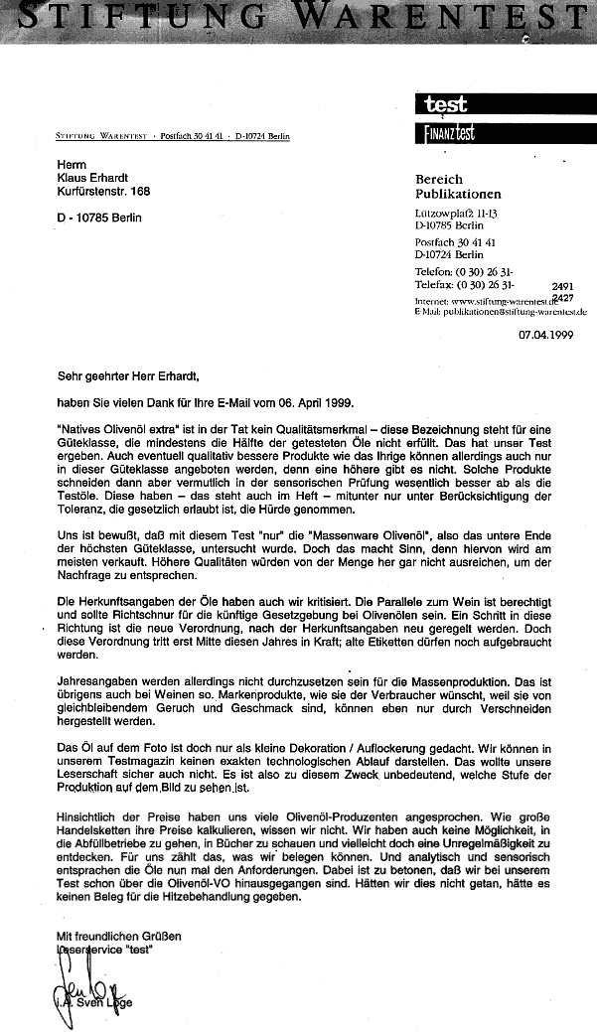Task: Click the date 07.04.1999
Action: pyautogui.click(x=545, y=335)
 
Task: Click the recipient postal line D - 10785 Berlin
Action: pyautogui.click(x=99, y=218)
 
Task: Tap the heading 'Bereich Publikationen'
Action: pyautogui.click(x=458, y=187)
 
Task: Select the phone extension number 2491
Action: pyautogui.click(x=562, y=285)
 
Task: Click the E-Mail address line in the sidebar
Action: pyautogui.click(x=501, y=312)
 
